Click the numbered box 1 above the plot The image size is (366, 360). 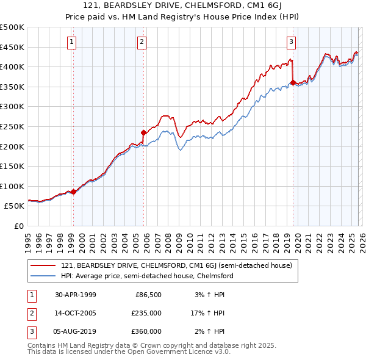pos(72,42)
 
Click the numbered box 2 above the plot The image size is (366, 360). pos(142,42)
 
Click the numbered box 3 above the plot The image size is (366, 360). pos(291,42)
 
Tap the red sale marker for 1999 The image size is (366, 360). pos(73,192)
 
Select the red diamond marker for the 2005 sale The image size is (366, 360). pos(143,132)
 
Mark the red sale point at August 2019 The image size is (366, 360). pos(293,82)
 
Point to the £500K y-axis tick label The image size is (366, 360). pos(12,27)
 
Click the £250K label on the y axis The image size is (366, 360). pos(12,126)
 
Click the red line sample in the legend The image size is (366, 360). pos(43,265)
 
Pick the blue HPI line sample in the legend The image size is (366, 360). pos(43,276)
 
